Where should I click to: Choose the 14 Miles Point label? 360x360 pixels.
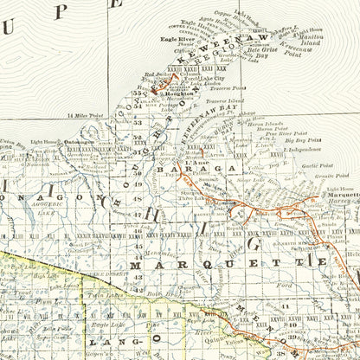tap(85, 114)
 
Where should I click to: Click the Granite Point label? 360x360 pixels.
tap(319, 177)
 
